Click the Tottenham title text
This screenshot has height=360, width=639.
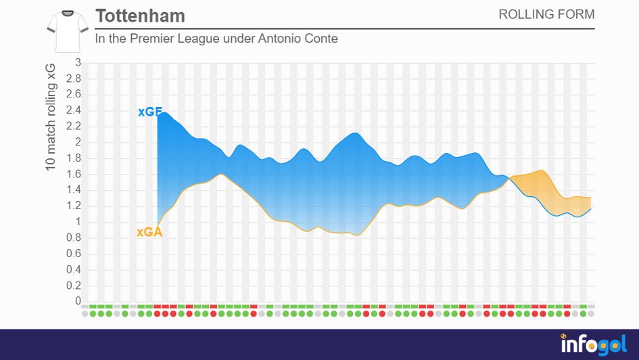pos(140,16)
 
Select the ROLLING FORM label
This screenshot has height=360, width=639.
pos(546,14)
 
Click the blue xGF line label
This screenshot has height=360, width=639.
pos(149,112)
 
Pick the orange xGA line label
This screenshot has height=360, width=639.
pos(149,232)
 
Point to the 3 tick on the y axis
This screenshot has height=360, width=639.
pos(78,63)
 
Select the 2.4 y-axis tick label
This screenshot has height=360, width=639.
pos(73,110)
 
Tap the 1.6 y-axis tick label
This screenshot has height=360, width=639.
pos(73,174)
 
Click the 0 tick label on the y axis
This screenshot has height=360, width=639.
pos(78,301)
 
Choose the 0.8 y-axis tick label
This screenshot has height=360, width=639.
pos(73,238)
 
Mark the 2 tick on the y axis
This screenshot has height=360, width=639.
pos(78,142)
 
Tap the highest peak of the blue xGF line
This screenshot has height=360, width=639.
pos(163,112)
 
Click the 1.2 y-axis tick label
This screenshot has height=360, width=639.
pos(73,206)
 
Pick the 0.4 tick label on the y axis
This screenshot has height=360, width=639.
pos(73,269)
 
